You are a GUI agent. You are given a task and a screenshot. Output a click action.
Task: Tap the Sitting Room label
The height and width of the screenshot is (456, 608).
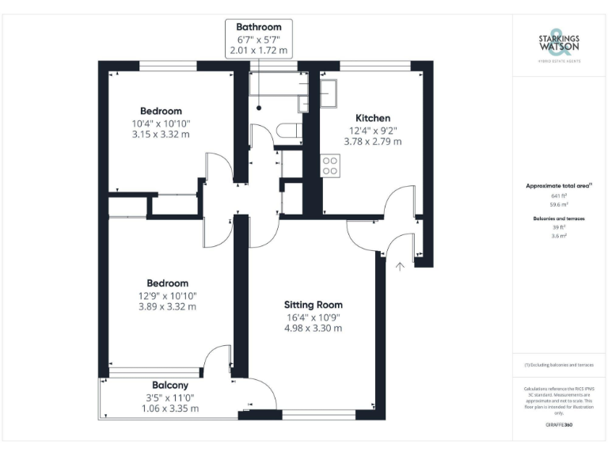click(313, 304)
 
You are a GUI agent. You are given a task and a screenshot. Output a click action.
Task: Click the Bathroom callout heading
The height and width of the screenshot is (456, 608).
click(258, 27)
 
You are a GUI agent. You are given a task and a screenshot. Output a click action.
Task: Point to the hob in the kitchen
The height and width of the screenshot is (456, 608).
click(329, 165)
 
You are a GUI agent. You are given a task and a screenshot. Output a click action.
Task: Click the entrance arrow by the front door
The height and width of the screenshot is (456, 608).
click(400, 266)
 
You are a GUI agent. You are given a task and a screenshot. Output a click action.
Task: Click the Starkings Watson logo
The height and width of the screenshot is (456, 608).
click(559, 44)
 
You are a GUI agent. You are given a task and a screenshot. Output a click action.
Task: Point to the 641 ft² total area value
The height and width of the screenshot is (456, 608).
click(559, 196)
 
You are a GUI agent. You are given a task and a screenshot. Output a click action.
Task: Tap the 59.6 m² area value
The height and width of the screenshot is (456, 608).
click(559, 204)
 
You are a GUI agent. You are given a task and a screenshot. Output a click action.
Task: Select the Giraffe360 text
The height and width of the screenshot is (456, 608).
click(559, 425)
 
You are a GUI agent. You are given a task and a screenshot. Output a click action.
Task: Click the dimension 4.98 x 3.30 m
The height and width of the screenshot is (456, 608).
click(313, 328)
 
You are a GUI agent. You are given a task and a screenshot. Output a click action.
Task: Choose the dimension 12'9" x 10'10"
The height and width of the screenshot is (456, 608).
click(167, 295)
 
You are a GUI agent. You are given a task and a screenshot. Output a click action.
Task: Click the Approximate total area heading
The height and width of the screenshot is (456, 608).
click(559, 186)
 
